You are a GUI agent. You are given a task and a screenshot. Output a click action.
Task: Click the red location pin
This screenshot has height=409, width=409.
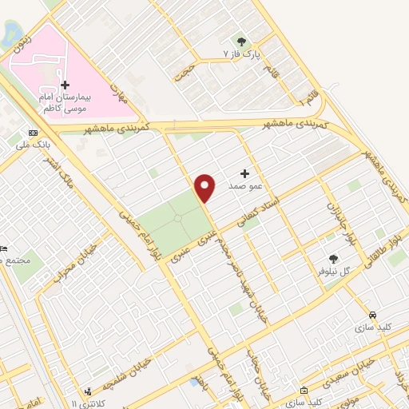point(205,187)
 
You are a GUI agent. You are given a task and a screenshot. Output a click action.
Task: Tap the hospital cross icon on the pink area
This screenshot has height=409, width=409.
point(66,85)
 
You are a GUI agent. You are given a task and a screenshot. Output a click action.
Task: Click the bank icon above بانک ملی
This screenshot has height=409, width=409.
point(32,133)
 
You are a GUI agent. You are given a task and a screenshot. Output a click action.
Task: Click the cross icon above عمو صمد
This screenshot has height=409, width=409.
point(244,173)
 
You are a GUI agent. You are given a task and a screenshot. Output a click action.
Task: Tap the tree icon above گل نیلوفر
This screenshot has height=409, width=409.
point(334,258)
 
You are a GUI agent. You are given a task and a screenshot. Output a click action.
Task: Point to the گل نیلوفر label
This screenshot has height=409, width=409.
point(335,272)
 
